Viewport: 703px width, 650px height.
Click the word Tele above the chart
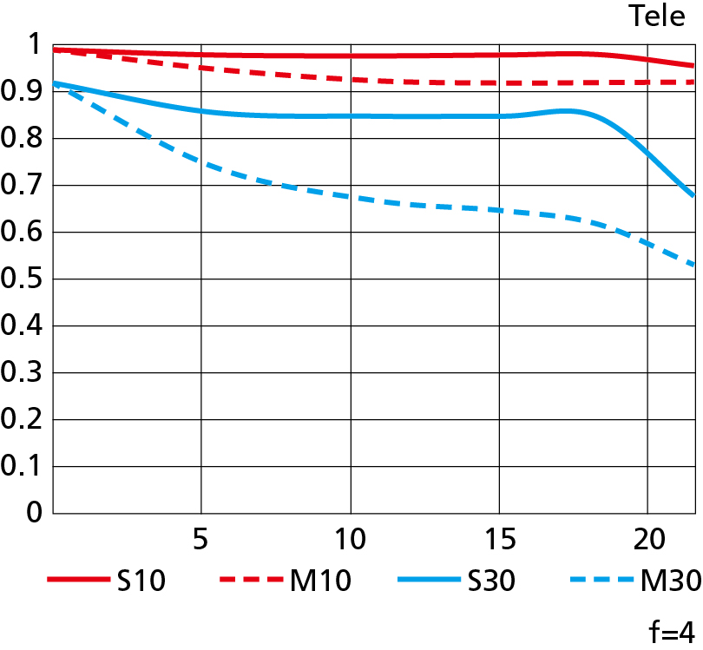(x=656, y=16)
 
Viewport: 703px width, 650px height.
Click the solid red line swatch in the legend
(x=76, y=580)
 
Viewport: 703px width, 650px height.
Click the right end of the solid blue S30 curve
(x=693, y=196)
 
